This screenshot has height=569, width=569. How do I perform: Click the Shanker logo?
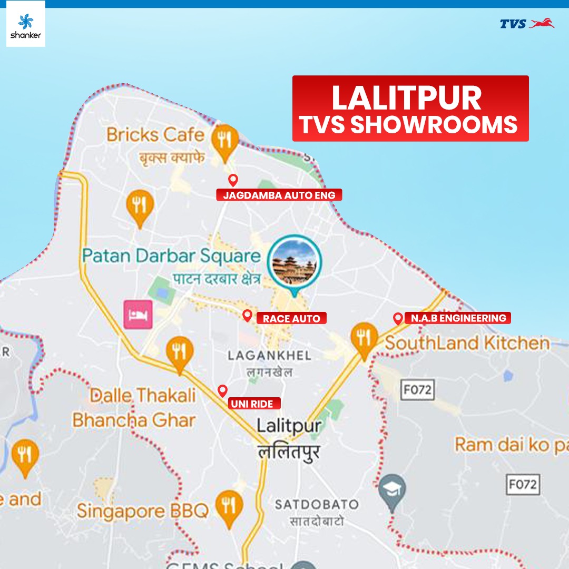point(26,24)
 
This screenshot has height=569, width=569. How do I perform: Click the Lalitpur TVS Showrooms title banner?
point(410,109)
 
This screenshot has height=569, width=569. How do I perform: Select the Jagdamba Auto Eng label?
point(279,195)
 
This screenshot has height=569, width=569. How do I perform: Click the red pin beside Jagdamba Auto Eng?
point(233,180)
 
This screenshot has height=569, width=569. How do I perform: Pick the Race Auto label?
point(291,318)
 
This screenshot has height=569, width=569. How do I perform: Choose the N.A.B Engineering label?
point(458,318)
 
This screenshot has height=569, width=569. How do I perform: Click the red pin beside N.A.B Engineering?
point(398,318)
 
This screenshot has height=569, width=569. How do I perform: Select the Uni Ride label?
point(254,404)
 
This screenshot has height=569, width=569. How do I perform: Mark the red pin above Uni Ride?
point(222,390)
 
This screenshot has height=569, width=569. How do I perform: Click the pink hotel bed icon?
point(138,315)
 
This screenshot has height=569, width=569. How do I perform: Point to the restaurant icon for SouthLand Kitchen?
point(364,338)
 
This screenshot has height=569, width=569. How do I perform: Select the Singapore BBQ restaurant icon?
point(229,506)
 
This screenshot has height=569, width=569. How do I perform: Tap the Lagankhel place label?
point(269,356)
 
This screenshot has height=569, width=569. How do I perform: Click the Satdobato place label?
point(316,505)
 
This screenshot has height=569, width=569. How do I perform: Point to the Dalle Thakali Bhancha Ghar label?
point(135,408)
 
